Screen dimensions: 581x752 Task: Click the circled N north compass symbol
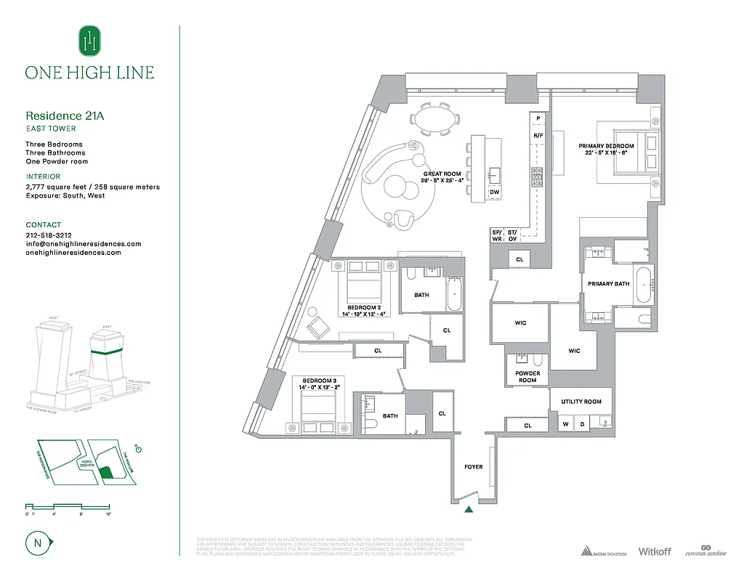tap(37, 542)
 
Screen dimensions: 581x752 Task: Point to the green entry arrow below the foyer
tap(469, 510)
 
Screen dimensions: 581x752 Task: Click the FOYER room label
tap(474, 467)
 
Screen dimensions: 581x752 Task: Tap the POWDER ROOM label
tap(527, 377)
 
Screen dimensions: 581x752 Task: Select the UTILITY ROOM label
tap(581, 402)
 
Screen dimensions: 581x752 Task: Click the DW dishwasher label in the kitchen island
tap(496, 192)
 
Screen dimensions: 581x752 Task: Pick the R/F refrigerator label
tap(538, 136)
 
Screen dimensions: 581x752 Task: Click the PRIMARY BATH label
tap(609, 284)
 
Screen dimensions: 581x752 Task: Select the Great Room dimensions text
tap(442, 180)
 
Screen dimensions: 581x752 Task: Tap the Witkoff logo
tap(655, 552)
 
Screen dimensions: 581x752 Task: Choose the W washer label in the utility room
tap(565, 423)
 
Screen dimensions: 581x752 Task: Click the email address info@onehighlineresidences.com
tap(83, 244)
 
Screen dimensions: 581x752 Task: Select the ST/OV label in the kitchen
tap(512, 235)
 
